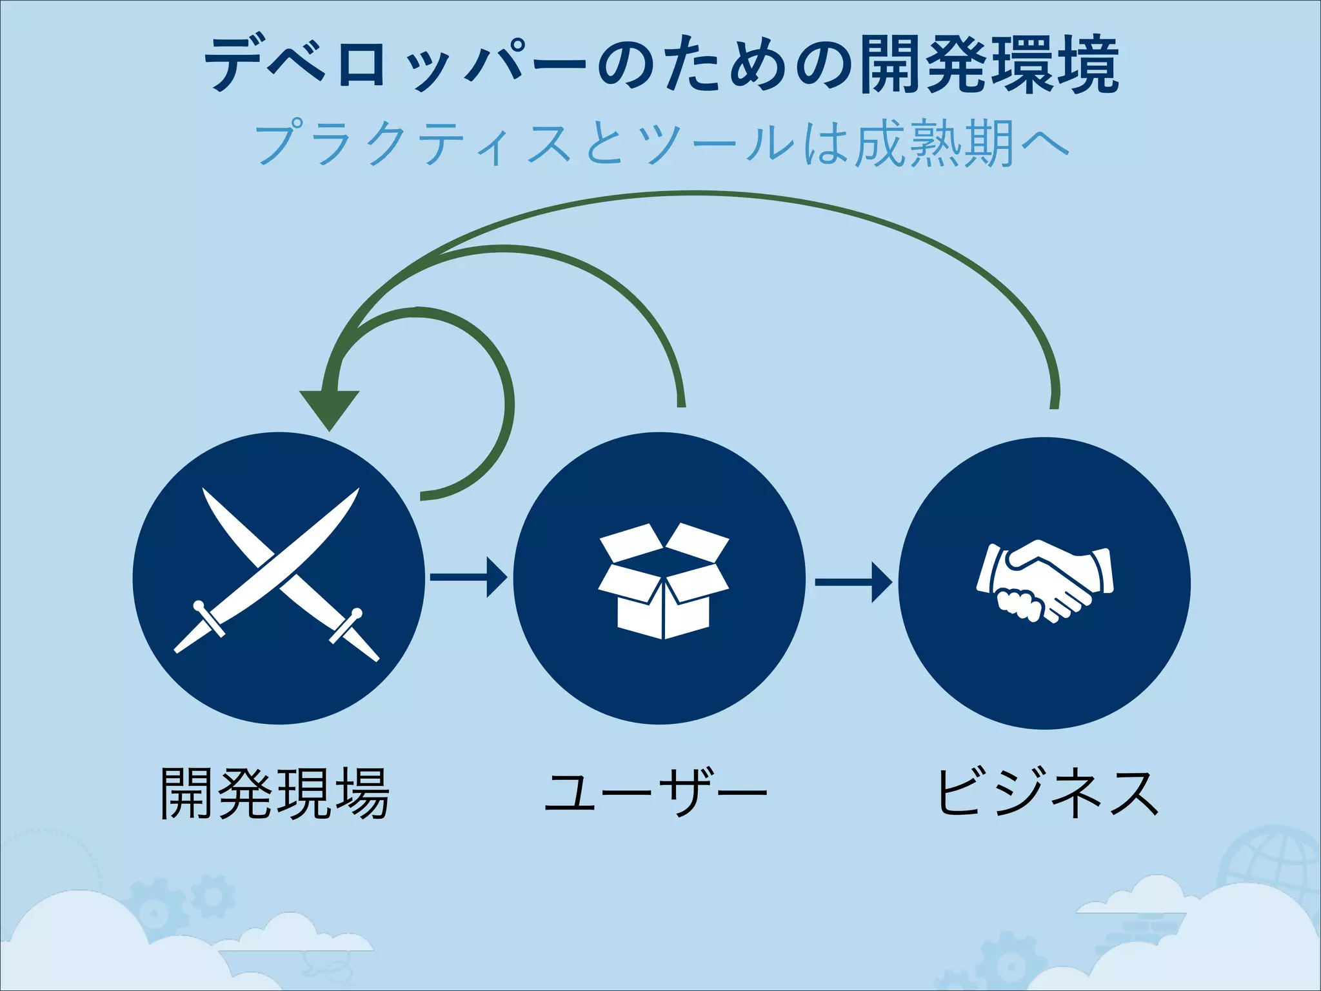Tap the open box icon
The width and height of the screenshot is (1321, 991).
[x=663, y=581]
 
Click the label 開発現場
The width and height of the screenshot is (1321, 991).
[x=275, y=794]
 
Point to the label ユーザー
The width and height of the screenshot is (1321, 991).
[x=656, y=794]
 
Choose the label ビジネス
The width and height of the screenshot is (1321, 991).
[x=1047, y=794]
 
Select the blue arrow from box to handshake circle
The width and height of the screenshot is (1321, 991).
[x=853, y=582]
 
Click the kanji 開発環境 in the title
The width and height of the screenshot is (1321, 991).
[x=989, y=65]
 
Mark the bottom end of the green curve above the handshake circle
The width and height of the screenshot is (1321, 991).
[x=1054, y=405]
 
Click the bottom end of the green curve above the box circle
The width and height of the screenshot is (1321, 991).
[x=682, y=404]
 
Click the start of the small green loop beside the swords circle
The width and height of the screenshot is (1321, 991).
[x=423, y=495]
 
